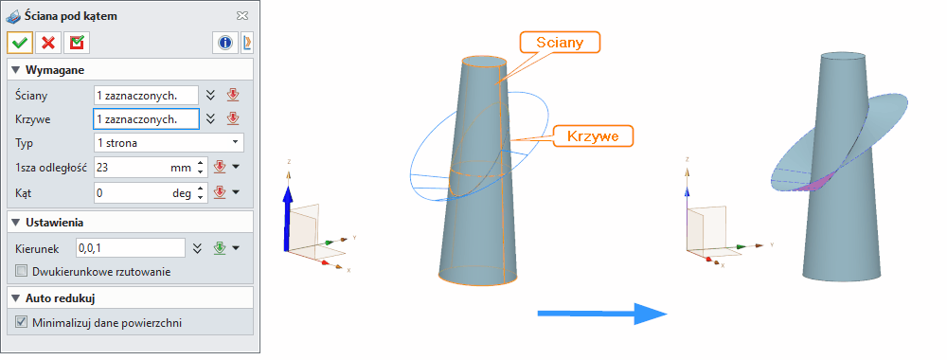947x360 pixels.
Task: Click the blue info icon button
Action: tap(225, 43)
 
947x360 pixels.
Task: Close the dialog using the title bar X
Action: tap(242, 16)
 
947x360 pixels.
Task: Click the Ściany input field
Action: tap(146, 95)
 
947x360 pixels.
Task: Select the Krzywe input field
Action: tap(146, 118)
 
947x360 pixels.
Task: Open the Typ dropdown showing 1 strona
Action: tap(169, 143)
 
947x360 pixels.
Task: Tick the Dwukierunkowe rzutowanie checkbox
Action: tap(22, 272)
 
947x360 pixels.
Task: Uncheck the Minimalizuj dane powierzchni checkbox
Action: tap(22, 322)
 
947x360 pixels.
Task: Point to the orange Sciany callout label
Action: tap(561, 42)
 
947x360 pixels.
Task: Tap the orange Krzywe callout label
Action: tap(593, 135)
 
